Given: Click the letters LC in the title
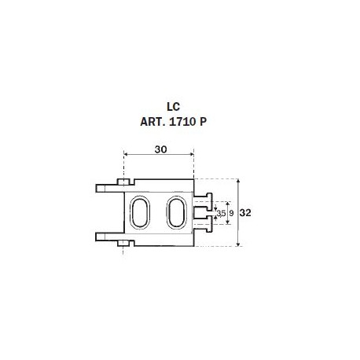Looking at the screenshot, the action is click(174, 107).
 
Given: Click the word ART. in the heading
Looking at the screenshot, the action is click(152, 122).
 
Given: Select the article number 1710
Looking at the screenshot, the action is click(183, 122).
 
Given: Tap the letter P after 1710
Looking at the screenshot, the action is click(203, 122).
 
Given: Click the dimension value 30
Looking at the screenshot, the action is click(160, 149).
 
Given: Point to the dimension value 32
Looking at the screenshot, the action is click(245, 213).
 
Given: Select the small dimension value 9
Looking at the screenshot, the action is click(231, 213).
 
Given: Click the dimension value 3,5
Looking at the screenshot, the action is click(222, 213).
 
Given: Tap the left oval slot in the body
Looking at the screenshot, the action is click(140, 211).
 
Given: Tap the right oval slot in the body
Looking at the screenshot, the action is click(176, 211).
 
